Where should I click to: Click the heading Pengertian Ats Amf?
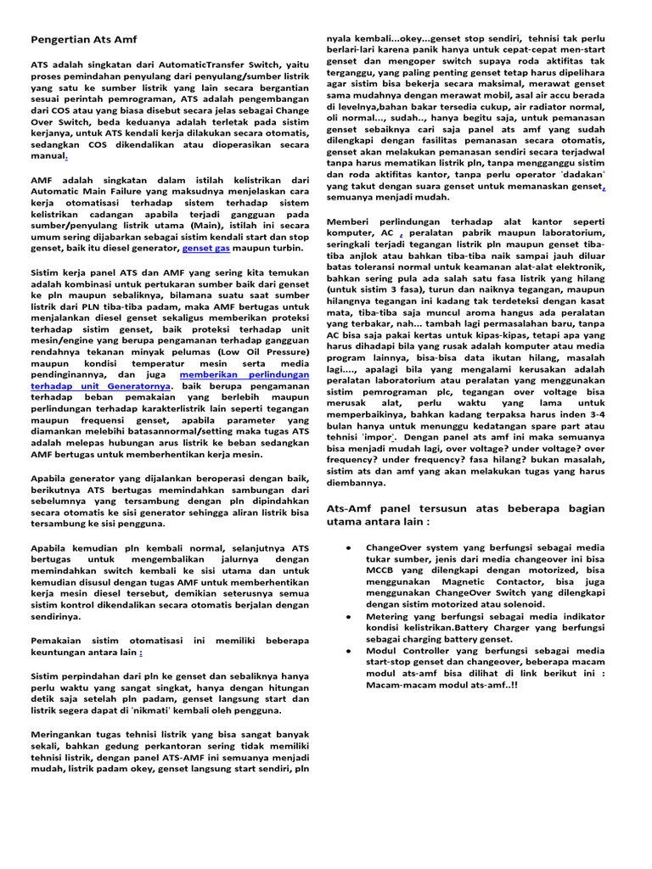click(83, 39)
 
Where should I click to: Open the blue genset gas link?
click(206, 249)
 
